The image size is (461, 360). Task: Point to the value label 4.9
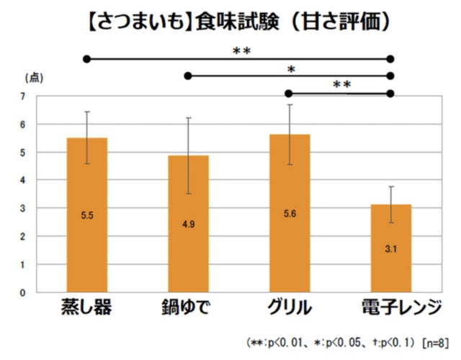click(188, 224)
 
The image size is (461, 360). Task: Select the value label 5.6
click(290, 214)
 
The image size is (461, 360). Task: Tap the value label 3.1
click(390, 248)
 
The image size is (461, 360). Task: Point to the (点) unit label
click(33, 77)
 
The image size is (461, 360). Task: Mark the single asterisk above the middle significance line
click(291, 69)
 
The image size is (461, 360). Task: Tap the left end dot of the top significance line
click(86, 58)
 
